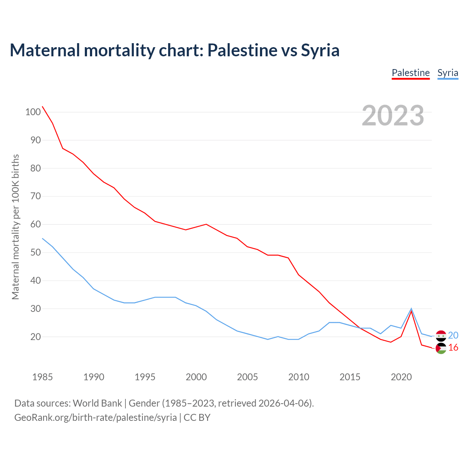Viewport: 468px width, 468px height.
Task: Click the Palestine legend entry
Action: point(411,73)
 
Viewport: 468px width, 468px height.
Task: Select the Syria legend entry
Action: point(448,73)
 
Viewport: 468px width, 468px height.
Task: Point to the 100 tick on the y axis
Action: point(33,112)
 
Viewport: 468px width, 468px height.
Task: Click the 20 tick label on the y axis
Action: point(35,337)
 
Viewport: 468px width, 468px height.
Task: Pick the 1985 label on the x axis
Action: point(42,377)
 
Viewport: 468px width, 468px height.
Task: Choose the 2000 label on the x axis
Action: point(196,377)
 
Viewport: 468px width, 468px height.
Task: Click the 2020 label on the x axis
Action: point(401,377)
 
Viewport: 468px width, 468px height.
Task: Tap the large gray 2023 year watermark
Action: point(393,116)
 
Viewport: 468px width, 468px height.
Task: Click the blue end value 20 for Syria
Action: point(453,335)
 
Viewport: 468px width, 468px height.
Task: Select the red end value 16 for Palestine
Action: point(453,347)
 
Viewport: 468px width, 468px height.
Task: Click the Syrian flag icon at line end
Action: point(441,336)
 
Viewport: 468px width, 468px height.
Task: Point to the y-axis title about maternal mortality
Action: point(15,227)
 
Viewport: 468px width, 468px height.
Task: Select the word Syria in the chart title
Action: point(320,50)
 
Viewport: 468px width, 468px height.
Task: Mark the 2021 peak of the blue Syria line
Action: point(411,309)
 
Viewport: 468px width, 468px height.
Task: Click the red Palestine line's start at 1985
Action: point(42,106)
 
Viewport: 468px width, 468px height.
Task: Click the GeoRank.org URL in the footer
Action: point(95,418)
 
